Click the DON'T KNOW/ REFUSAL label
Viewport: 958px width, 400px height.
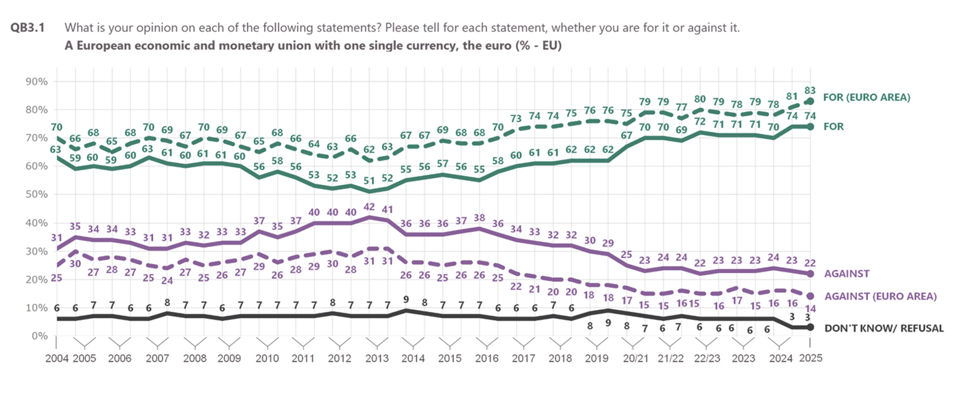[884, 328]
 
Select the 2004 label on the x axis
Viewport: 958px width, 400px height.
[57, 359]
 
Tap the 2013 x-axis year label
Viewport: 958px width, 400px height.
[376, 359]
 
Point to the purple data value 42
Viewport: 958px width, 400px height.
[369, 206]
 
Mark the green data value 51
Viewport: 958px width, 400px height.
[369, 181]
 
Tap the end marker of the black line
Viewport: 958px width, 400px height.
[809, 328]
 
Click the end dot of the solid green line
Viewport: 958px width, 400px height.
[809, 126]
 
